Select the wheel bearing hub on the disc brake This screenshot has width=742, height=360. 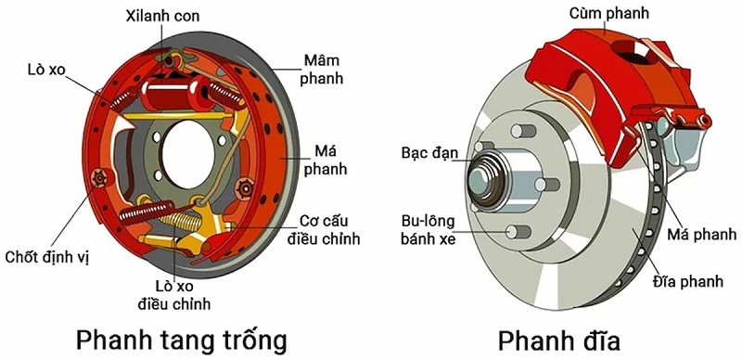click(489, 176)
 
